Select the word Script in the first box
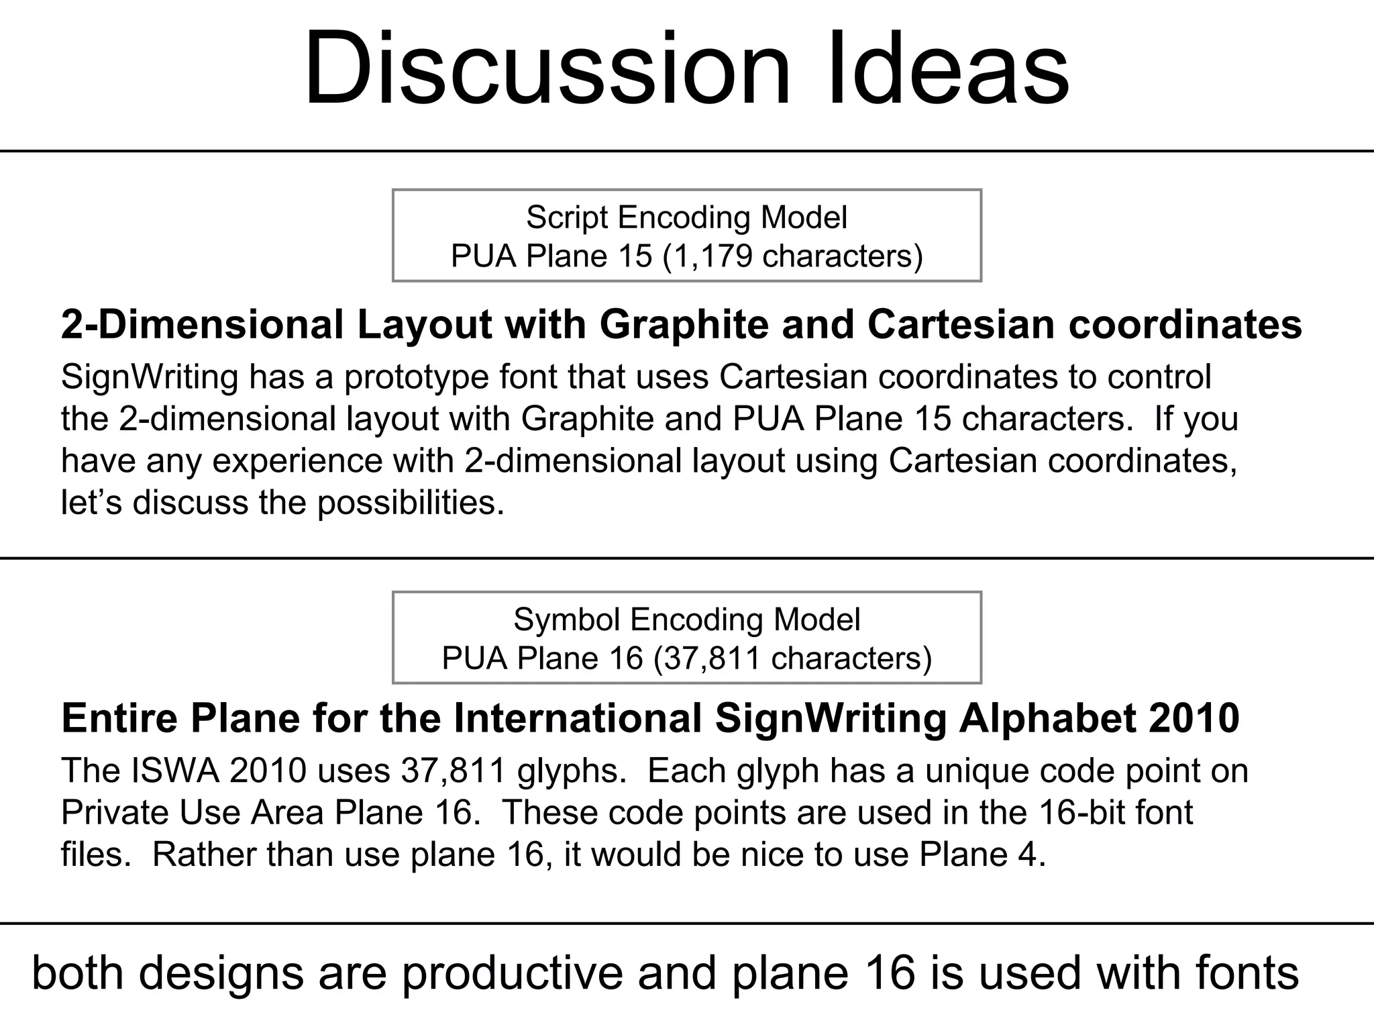point(568,217)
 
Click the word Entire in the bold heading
point(121,718)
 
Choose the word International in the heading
point(578,718)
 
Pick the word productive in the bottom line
point(512,974)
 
